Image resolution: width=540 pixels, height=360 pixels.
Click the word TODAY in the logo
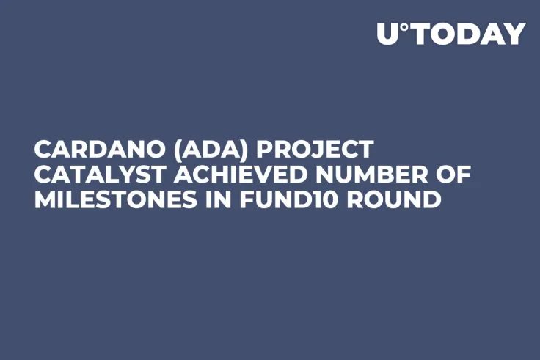pos(467,34)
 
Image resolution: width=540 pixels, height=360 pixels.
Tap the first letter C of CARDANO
pos(42,150)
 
